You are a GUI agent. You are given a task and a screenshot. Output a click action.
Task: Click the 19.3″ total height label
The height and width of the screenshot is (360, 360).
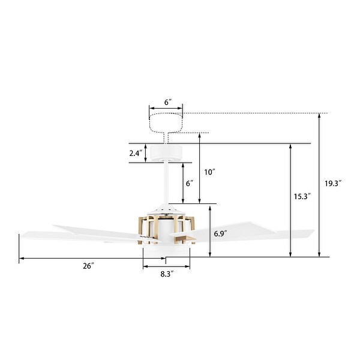point(333,184)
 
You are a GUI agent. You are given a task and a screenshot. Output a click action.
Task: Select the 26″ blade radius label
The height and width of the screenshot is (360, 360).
point(89,265)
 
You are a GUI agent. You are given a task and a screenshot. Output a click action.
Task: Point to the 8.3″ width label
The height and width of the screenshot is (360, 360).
point(167,274)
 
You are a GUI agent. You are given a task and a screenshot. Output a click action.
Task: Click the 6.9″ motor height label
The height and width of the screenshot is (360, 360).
point(221,231)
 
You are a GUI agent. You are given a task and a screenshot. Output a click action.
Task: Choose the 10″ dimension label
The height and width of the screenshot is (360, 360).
point(209,172)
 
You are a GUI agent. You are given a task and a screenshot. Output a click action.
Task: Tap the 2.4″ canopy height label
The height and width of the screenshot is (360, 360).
point(136,153)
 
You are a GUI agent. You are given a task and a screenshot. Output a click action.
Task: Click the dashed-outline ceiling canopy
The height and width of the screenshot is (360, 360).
point(166,123)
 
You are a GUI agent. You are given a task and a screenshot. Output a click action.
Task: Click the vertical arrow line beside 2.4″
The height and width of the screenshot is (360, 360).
point(146,153)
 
